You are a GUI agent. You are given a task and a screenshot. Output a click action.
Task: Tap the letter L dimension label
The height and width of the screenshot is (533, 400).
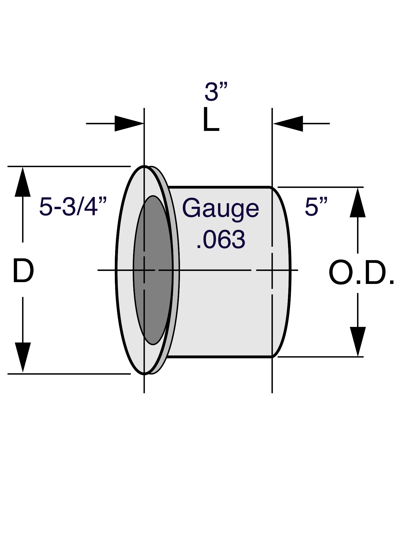(x=211, y=119)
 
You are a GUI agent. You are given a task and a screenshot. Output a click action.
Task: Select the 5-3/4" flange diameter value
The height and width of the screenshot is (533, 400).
(x=73, y=207)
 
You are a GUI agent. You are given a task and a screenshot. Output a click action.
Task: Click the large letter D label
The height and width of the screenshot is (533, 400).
(x=23, y=270)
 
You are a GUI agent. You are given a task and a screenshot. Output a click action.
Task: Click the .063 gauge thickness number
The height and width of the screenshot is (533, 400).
(x=221, y=239)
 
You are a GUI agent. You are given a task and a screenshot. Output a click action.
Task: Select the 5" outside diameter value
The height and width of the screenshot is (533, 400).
(x=316, y=207)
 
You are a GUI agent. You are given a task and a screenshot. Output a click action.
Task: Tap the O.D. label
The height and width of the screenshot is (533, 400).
(x=362, y=272)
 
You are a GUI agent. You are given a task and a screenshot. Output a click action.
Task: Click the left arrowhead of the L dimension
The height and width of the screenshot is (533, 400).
(x=129, y=123)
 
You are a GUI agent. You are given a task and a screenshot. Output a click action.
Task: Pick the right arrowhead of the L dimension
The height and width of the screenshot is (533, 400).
(x=288, y=123)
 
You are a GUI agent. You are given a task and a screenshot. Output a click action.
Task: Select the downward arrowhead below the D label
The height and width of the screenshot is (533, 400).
(x=23, y=357)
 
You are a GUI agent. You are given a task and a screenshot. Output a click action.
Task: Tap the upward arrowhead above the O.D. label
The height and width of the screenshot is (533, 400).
(x=358, y=202)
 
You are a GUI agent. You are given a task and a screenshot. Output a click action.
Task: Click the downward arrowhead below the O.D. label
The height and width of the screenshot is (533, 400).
(x=358, y=341)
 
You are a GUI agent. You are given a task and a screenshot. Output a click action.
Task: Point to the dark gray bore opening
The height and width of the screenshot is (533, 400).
(x=153, y=270)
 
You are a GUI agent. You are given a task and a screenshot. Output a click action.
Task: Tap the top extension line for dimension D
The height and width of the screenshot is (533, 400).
(x=69, y=166)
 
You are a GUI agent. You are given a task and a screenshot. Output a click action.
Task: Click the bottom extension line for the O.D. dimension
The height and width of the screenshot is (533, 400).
(x=321, y=357)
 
